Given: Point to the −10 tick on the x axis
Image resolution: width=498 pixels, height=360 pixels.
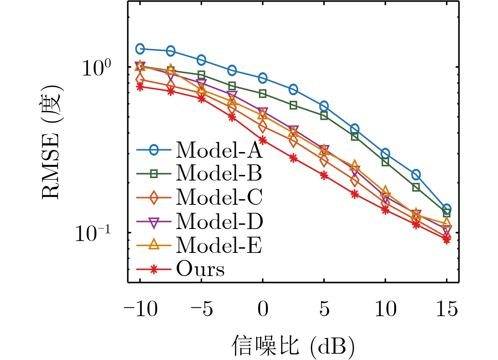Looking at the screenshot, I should click(x=141, y=309).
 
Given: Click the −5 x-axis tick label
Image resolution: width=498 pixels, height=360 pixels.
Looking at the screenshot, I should click(x=202, y=309).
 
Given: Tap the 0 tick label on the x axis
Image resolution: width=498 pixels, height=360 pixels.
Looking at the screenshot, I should click(x=263, y=309).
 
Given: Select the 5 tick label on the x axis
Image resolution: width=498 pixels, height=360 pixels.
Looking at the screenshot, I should click(x=324, y=309).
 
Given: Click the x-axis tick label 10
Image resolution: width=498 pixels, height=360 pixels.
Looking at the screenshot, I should click(x=386, y=309).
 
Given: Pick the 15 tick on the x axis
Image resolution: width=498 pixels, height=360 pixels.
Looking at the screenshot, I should click(x=447, y=309).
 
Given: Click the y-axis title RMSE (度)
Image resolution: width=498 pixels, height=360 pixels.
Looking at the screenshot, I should click(x=52, y=142).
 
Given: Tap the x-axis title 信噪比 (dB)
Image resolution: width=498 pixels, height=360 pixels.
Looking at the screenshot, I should click(x=293, y=346).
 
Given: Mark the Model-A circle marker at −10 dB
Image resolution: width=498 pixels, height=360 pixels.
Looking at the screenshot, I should click(x=140, y=49).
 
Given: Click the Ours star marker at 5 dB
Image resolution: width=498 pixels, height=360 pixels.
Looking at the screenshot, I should click(x=324, y=175).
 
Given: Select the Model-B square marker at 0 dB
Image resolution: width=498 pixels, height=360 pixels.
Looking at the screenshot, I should click(x=263, y=93).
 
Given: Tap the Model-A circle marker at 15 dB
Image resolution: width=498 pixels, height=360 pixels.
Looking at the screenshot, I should click(x=447, y=209).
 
